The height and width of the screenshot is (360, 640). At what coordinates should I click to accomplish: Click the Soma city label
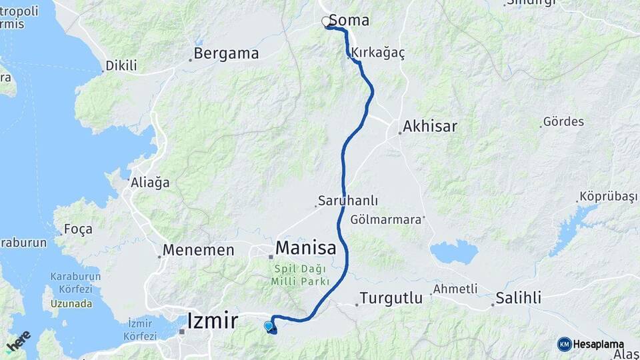pyautogui.click(x=349, y=21)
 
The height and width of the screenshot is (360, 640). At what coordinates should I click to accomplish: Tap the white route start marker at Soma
pyautogui.click(x=327, y=22)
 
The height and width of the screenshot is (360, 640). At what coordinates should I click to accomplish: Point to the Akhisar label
pyautogui.click(x=430, y=126)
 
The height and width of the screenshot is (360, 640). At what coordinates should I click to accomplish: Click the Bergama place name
pyautogui.click(x=227, y=54)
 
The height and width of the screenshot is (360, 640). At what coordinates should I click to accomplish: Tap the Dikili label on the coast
pyautogui.click(x=121, y=66)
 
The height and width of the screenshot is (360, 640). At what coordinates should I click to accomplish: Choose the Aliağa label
pyautogui.click(x=151, y=182)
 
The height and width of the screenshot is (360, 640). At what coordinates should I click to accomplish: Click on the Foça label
pyautogui.click(x=78, y=229)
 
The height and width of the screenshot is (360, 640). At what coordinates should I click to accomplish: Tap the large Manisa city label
pyautogui.click(x=305, y=248)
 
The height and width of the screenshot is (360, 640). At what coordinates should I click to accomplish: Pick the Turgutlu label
pyautogui.click(x=387, y=298)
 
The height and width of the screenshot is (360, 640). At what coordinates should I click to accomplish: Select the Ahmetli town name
pyautogui.click(x=455, y=289)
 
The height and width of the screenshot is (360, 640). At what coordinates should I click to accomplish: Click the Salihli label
pyautogui.click(x=519, y=298)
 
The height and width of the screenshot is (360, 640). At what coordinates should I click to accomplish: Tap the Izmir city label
pyautogui.click(x=213, y=321)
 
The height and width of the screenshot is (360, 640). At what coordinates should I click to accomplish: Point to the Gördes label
pyautogui.click(x=563, y=122)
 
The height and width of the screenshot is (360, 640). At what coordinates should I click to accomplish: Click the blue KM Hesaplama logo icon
pyautogui.click(x=564, y=344)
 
